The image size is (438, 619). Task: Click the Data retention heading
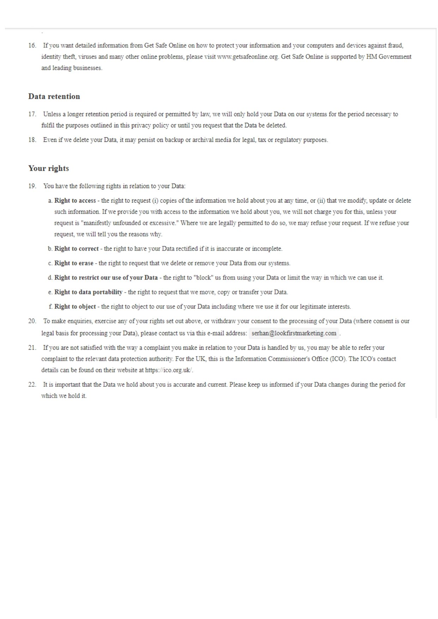pyautogui.click(x=54, y=96)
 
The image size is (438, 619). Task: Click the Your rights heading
pyautogui.click(x=48, y=168)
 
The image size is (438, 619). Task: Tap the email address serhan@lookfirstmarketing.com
pyautogui.click(x=294, y=333)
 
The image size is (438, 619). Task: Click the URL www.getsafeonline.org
pyautogui.click(x=248, y=57)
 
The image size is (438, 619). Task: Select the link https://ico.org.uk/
pyautogui.click(x=169, y=370)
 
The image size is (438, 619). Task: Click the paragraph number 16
pyautogui.click(x=32, y=46)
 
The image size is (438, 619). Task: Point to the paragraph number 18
pyautogui.click(x=32, y=140)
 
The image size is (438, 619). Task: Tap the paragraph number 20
pyautogui.click(x=32, y=321)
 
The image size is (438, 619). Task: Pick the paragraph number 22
pyautogui.click(x=32, y=385)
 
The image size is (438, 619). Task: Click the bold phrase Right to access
pyautogui.click(x=75, y=201)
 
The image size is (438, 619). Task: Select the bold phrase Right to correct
pyautogui.click(x=76, y=249)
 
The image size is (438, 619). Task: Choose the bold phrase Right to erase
pyautogui.click(x=74, y=263)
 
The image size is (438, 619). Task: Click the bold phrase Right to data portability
pyautogui.click(x=88, y=292)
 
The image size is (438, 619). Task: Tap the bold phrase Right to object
pyautogui.click(x=75, y=307)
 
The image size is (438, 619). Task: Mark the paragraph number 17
pyautogui.click(x=32, y=114)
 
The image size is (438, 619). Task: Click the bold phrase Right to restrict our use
pyautogui.click(x=106, y=278)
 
